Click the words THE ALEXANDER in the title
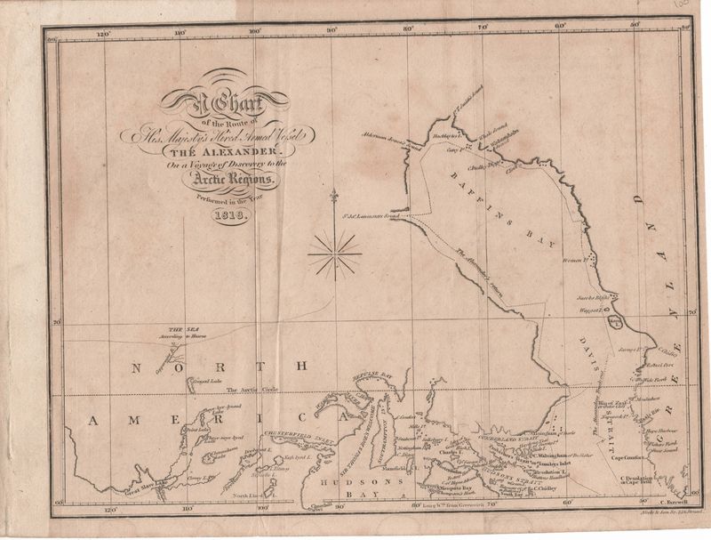click(x=231, y=148)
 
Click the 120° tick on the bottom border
click(x=109, y=512)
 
